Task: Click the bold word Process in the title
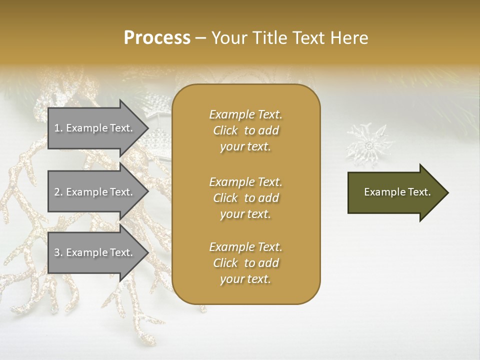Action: [157, 38]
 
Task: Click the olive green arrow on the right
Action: [395, 192]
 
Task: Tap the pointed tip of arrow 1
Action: [147, 128]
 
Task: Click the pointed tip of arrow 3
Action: [147, 252]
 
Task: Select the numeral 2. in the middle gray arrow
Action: [58, 192]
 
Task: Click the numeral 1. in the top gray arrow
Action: [58, 128]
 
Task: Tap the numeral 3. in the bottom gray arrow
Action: [58, 252]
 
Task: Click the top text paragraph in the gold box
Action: [245, 130]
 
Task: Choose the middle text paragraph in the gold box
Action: [245, 198]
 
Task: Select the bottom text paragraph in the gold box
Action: [245, 263]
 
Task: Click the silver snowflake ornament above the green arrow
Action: [369, 145]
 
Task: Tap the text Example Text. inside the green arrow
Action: [397, 192]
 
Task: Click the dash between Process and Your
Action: [200, 38]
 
